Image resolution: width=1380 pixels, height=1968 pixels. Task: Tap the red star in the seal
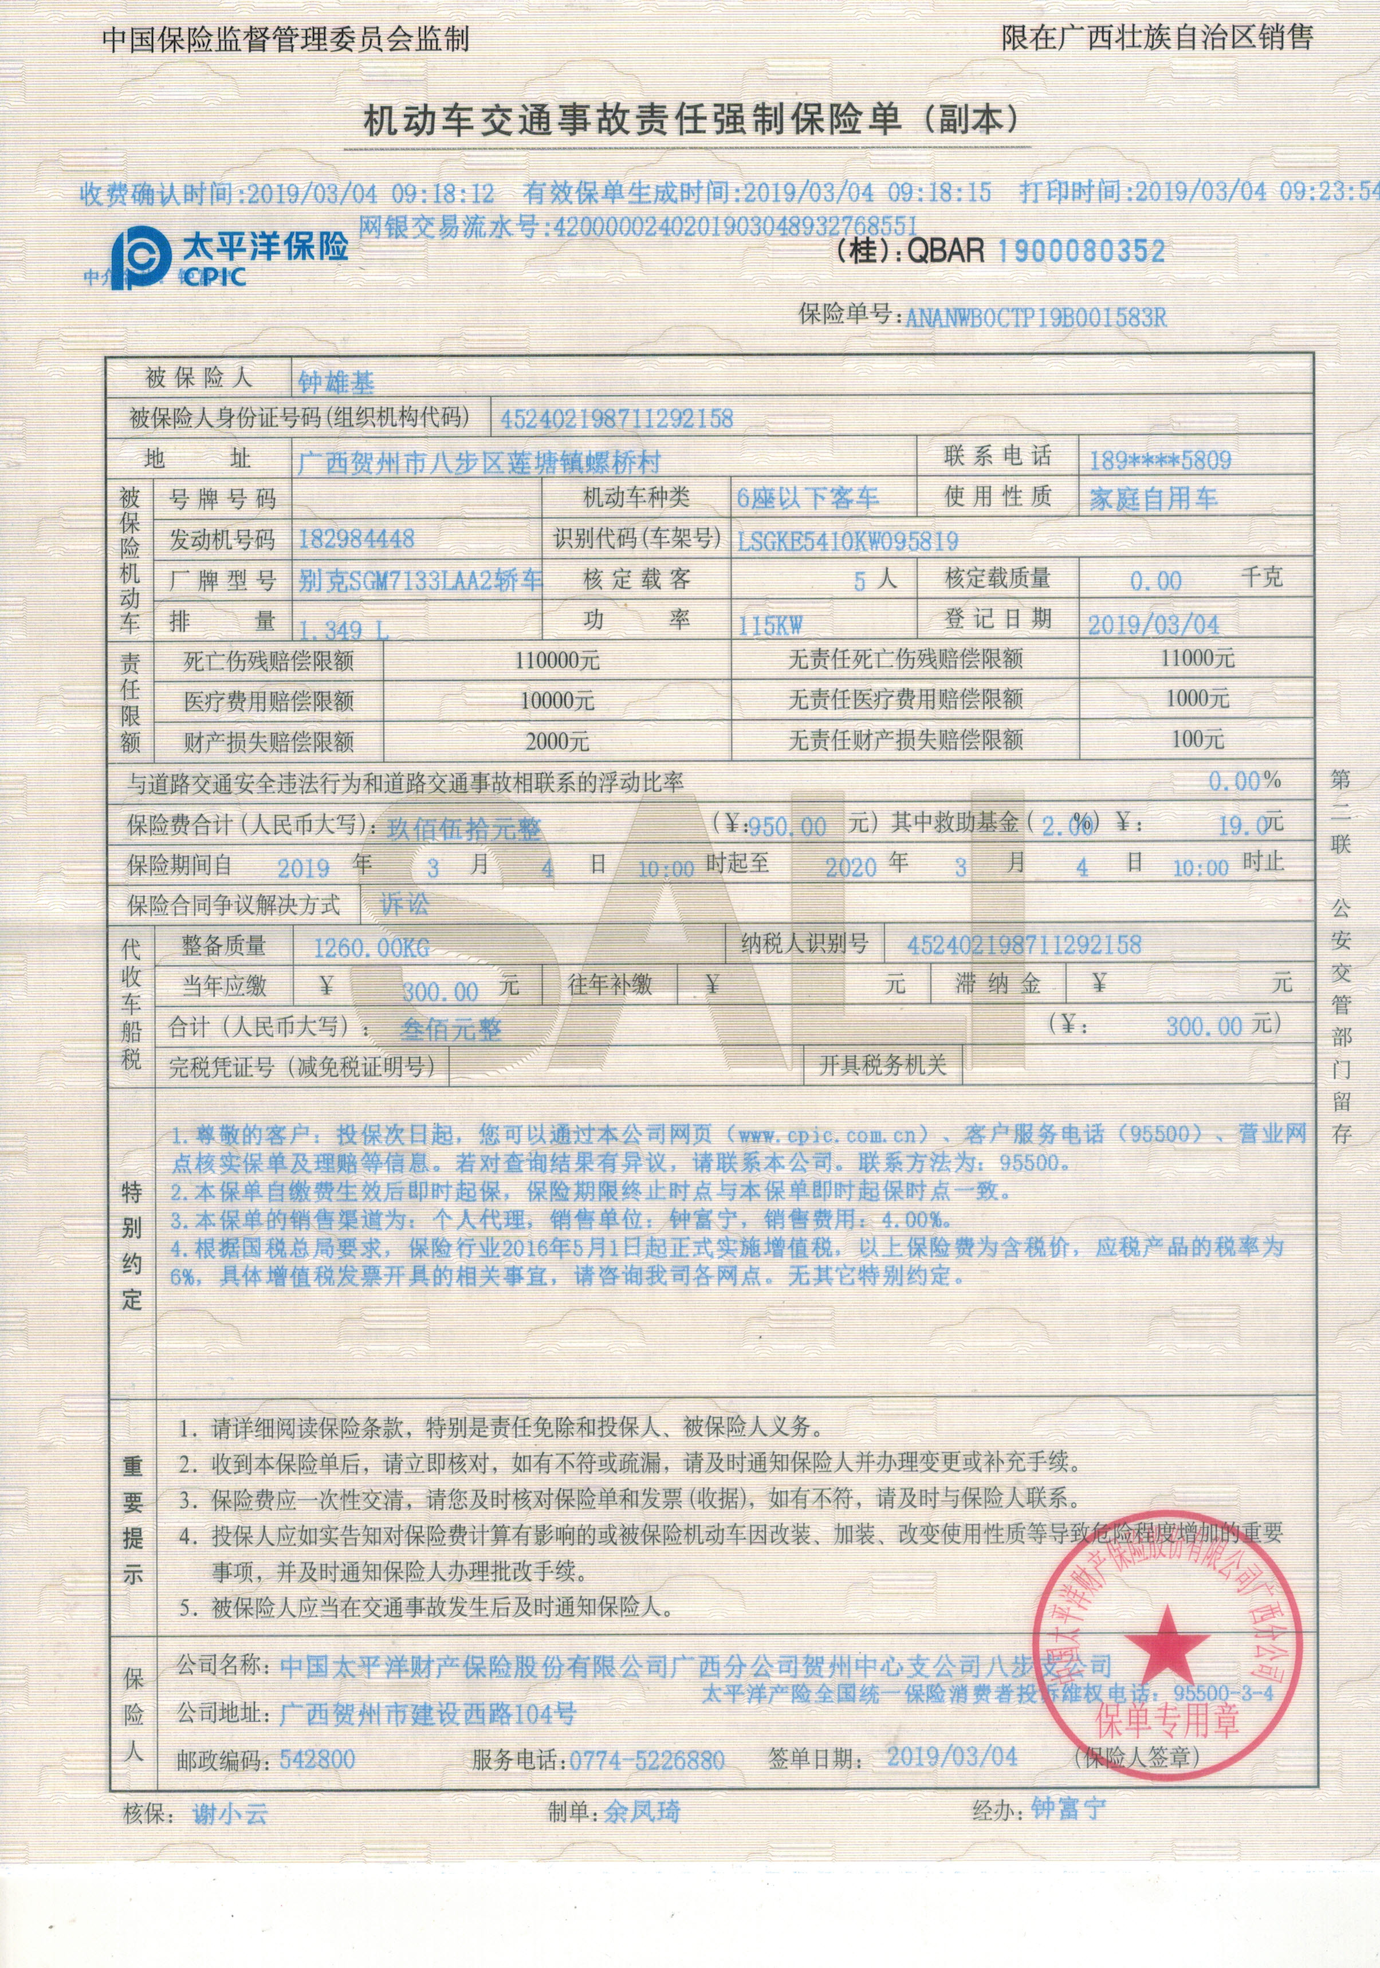pos(1162,1642)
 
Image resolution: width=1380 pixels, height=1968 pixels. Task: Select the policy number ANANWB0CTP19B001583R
pos(1035,318)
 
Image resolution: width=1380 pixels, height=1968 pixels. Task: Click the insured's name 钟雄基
pos(336,381)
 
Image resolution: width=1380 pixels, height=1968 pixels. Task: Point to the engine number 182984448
pos(356,539)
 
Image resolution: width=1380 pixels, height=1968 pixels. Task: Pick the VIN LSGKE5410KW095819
pos(847,541)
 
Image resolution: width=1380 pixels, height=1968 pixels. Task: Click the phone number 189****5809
pos(1159,461)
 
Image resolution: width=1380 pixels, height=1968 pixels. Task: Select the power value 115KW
pos(770,625)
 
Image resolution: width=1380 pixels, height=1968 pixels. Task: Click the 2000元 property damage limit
pos(557,741)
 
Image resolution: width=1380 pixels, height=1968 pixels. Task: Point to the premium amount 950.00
pos(788,826)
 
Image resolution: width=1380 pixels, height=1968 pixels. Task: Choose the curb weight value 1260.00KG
pos(371,948)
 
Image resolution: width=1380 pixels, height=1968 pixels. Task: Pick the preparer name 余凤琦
pos(642,1812)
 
